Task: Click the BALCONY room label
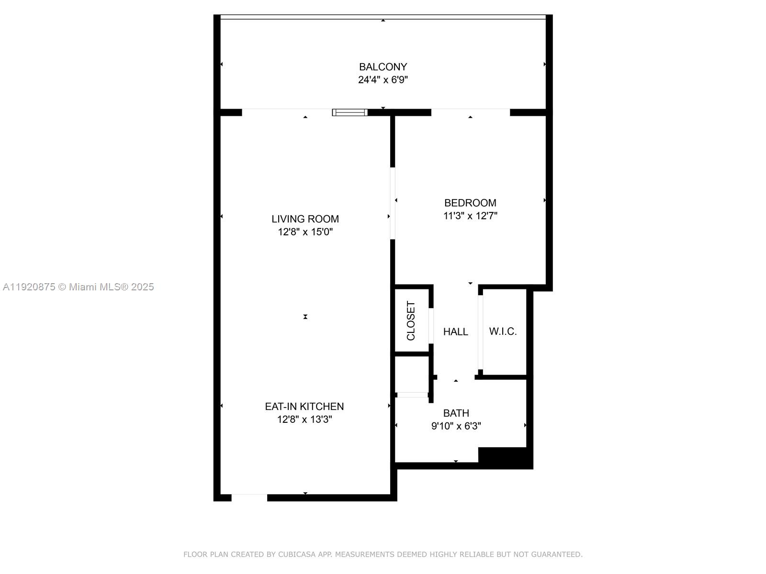tap(383, 66)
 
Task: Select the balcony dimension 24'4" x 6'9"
tap(383, 80)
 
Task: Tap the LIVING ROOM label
tap(305, 219)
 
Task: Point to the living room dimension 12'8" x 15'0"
tap(305, 232)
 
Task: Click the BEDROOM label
tap(470, 203)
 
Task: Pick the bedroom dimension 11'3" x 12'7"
tap(470, 216)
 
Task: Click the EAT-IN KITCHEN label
tap(304, 407)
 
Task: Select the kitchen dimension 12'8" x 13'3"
tap(304, 419)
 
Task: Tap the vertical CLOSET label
tap(411, 320)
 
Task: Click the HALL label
tap(455, 331)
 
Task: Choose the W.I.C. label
tap(503, 331)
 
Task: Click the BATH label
tap(456, 413)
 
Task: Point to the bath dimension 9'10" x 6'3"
tap(456, 426)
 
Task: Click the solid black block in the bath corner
tap(505, 457)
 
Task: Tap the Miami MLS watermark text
tap(78, 287)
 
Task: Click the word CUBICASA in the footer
tap(297, 554)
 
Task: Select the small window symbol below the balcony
tap(349, 112)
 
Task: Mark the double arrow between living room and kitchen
tap(305, 317)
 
